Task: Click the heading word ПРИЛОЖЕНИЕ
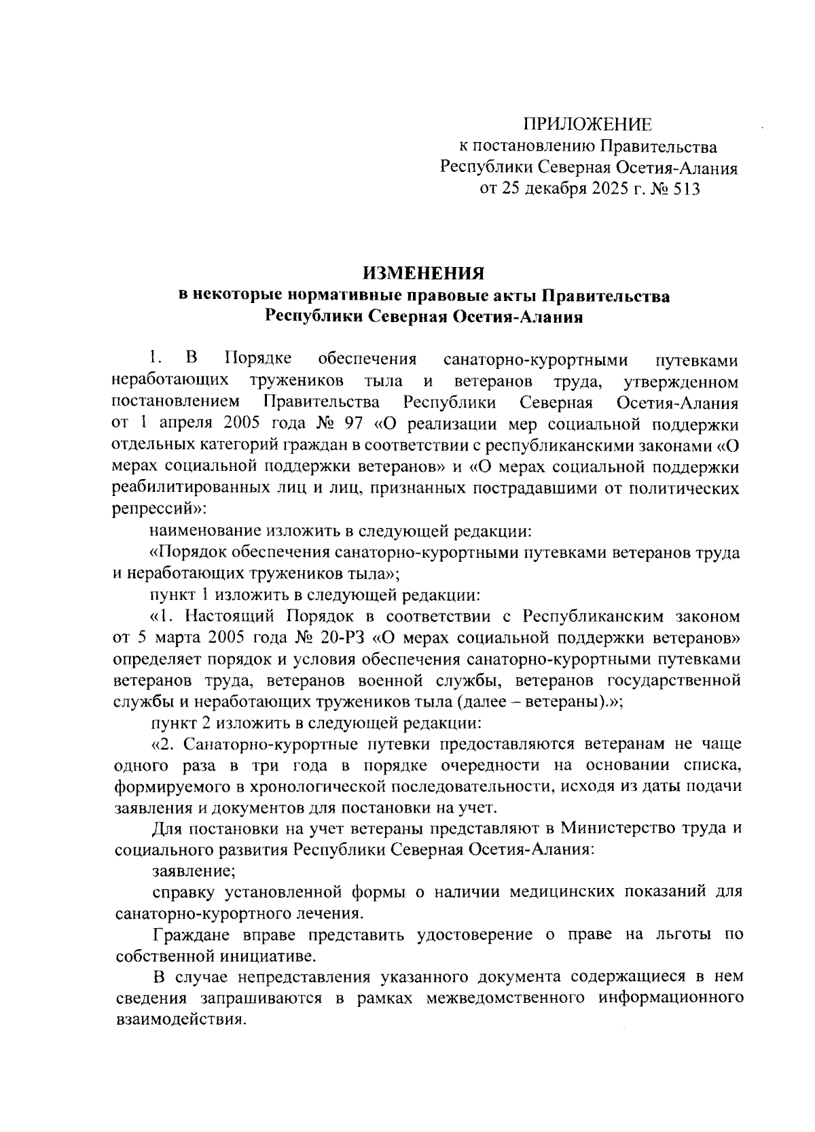click(x=587, y=124)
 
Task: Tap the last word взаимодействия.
click(x=179, y=1020)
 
